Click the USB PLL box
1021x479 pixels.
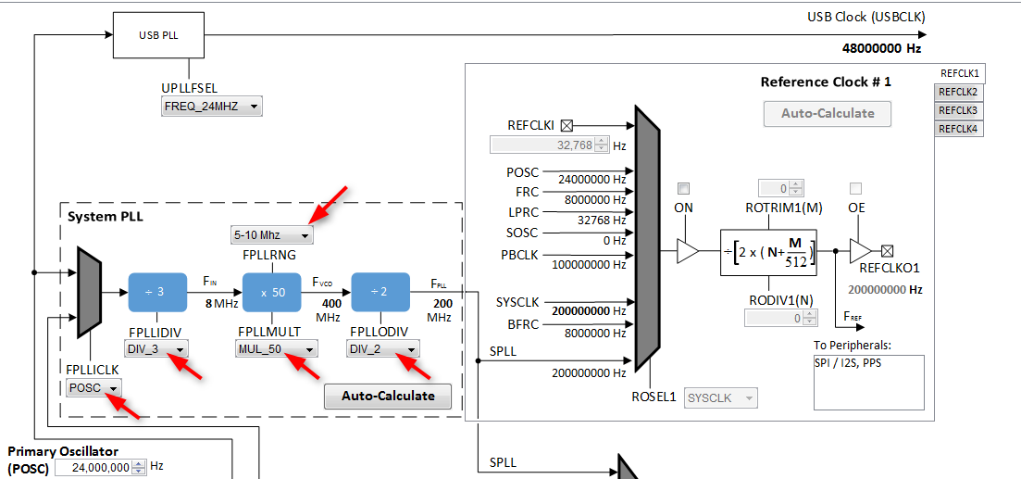pyautogui.click(x=159, y=36)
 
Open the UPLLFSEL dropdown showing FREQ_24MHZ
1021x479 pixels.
pyautogui.click(x=211, y=107)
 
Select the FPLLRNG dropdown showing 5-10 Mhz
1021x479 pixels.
pyautogui.click(x=271, y=235)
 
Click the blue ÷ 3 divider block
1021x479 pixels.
pyautogui.click(x=157, y=292)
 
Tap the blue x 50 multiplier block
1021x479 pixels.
pyautogui.click(x=271, y=292)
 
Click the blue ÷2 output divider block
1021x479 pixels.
pyautogui.click(x=380, y=292)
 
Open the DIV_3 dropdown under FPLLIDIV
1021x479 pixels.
pyautogui.click(x=156, y=348)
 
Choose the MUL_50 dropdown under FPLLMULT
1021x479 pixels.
pyautogui.click(x=277, y=348)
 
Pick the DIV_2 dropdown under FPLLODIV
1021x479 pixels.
pyautogui.click(x=383, y=348)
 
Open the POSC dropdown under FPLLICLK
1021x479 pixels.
pyautogui.click(x=93, y=387)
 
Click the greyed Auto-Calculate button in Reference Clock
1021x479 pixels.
pyautogui.click(x=828, y=113)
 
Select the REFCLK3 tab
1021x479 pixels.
pyautogui.click(x=958, y=110)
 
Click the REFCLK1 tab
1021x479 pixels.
pyautogui.click(x=959, y=73)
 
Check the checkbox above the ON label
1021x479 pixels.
pyautogui.click(x=684, y=188)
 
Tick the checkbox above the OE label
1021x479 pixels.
pyautogui.click(x=856, y=188)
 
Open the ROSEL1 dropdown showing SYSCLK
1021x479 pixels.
pyautogui.click(x=720, y=397)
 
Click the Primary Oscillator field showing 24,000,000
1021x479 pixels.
pyautogui.click(x=93, y=468)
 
